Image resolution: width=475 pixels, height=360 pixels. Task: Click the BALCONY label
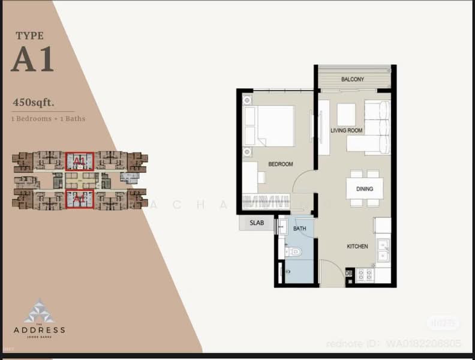coord(353,79)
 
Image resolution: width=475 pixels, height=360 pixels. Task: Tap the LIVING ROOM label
coord(347,130)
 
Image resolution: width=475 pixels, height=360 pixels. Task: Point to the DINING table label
coord(364,189)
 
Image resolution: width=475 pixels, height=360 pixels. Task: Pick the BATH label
coord(300,229)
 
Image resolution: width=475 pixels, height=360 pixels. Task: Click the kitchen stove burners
coord(365,275)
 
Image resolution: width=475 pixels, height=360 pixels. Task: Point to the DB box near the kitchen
coord(348,274)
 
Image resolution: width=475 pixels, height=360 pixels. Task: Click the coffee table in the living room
coord(346,114)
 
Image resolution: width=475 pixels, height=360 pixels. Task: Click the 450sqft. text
coord(34,103)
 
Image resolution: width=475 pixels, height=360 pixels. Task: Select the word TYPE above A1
coord(30,36)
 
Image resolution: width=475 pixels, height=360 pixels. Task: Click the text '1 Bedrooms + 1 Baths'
coord(49,119)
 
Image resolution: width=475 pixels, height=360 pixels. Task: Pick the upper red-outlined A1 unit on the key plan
coord(80,161)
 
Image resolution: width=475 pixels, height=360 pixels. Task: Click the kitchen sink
coord(383,249)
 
